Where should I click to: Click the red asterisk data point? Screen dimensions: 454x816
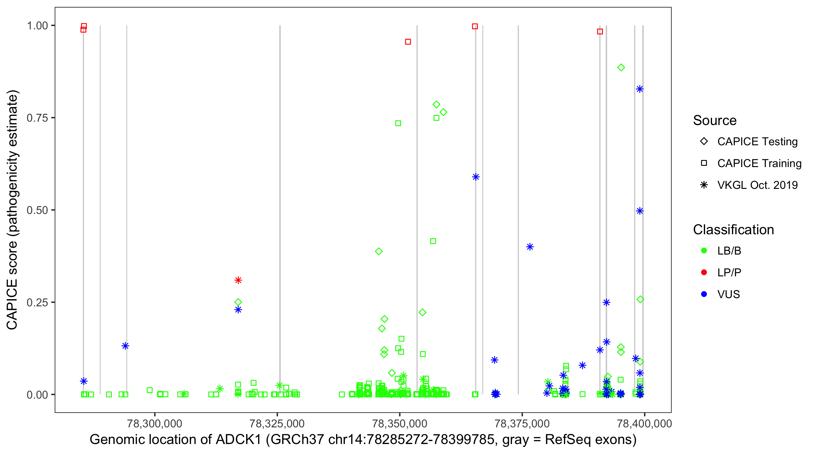pos(238,280)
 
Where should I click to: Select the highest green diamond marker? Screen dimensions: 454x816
pos(621,67)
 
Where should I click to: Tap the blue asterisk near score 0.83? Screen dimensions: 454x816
pos(640,89)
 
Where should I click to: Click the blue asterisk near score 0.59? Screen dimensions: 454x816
pos(475,177)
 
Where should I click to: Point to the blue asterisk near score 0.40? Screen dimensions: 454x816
pos(529,247)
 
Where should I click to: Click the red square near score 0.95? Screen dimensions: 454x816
pos(408,42)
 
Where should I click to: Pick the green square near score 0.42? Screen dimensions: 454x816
pos(433,241)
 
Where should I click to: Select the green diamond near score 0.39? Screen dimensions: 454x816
pos(379,251)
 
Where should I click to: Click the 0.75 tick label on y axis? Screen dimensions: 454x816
pos(37,118)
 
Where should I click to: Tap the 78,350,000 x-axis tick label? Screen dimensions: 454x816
pos(400,423)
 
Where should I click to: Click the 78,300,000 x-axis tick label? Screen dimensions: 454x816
pos(154,423)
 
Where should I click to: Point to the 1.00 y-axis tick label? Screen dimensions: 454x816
pos(37,26)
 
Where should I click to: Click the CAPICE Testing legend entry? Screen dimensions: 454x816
pos(757,142)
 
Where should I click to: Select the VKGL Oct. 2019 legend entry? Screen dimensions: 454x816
pos(757,185)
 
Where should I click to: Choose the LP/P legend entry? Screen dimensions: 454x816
pos(729,272)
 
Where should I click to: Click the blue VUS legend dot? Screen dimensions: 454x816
pos(704,294)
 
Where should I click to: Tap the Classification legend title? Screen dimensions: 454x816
pos(733,230)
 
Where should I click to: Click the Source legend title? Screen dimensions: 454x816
pos(715,120)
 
